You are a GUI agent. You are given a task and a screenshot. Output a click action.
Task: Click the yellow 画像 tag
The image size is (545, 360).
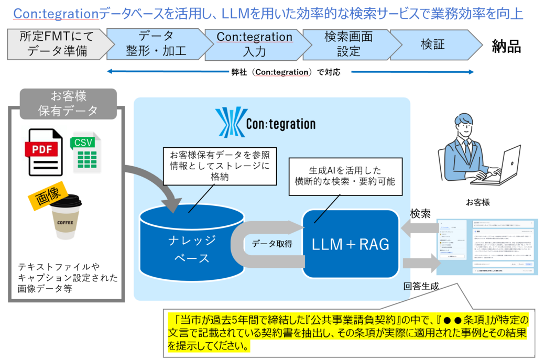[x=48, y=196]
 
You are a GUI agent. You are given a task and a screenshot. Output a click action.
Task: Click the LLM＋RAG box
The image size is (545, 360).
[x=350, y=244]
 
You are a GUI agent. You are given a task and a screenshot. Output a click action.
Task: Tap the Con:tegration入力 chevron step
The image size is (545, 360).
[x=254, y=45]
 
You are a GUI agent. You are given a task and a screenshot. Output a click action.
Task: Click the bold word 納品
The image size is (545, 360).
[x=506, y=47]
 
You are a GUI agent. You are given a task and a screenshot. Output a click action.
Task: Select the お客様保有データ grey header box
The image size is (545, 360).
[x=68, y=104]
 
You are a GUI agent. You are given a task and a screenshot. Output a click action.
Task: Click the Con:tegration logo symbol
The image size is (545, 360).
[x=228, y=122]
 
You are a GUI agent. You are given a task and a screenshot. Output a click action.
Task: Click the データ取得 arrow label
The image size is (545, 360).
[x=271, y=244]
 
